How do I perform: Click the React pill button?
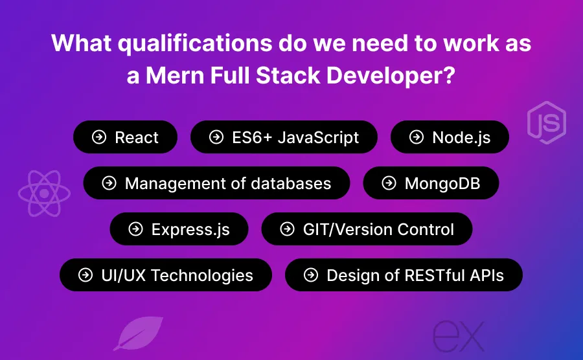click(x=125, y=137)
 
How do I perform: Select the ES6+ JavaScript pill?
click(x=284, y=137)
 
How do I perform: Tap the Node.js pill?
click(x=450, y=137)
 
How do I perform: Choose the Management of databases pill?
click(x=216, y=183)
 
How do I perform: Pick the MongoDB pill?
click(x=431, y=183)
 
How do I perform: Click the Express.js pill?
click(x=179, y=229)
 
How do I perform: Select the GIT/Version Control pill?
click(x=367, y=229)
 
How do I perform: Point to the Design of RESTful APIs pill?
click(x=404, y=275)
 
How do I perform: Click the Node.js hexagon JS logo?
click(x=546, y=121)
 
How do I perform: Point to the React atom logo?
click(x=44, y=193)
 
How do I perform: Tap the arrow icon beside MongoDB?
click(x=389, y=183)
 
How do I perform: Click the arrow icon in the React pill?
click(x=99, y=137)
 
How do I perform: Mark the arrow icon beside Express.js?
click(x=136, y=229)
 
